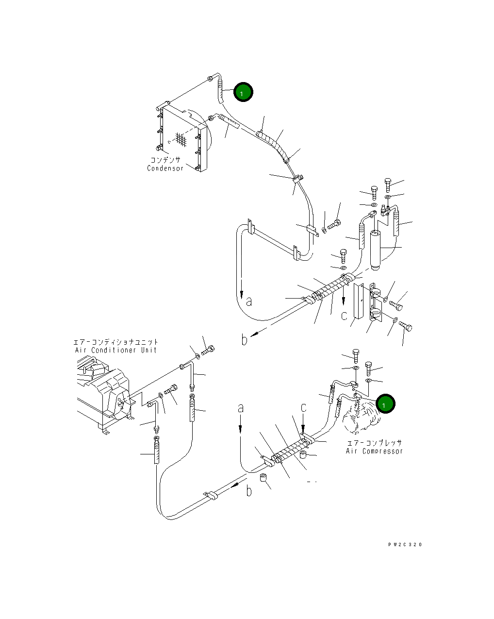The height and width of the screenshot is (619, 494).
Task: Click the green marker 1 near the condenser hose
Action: coord(243,92)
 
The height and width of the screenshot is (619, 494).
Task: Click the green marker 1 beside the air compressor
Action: coord(385,404)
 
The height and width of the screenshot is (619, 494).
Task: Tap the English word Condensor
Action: coord(165,168)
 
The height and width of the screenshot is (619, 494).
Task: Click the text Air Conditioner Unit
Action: coord(116,350)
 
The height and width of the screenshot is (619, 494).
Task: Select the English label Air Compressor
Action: coord(374,451)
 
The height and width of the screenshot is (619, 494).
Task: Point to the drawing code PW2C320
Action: coord(405,544)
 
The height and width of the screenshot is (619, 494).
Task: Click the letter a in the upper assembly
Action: coord(249,301)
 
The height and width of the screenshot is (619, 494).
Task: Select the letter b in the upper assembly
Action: coord(245,340)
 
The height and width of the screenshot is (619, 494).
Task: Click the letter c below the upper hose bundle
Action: coord(344,316)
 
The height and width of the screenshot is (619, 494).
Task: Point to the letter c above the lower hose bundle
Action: coord(304,407)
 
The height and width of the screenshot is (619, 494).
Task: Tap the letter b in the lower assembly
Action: coord(249,491)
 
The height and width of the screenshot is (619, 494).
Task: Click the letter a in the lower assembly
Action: coord(240,409)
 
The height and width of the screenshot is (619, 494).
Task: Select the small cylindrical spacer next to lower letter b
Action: coord(264,479)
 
